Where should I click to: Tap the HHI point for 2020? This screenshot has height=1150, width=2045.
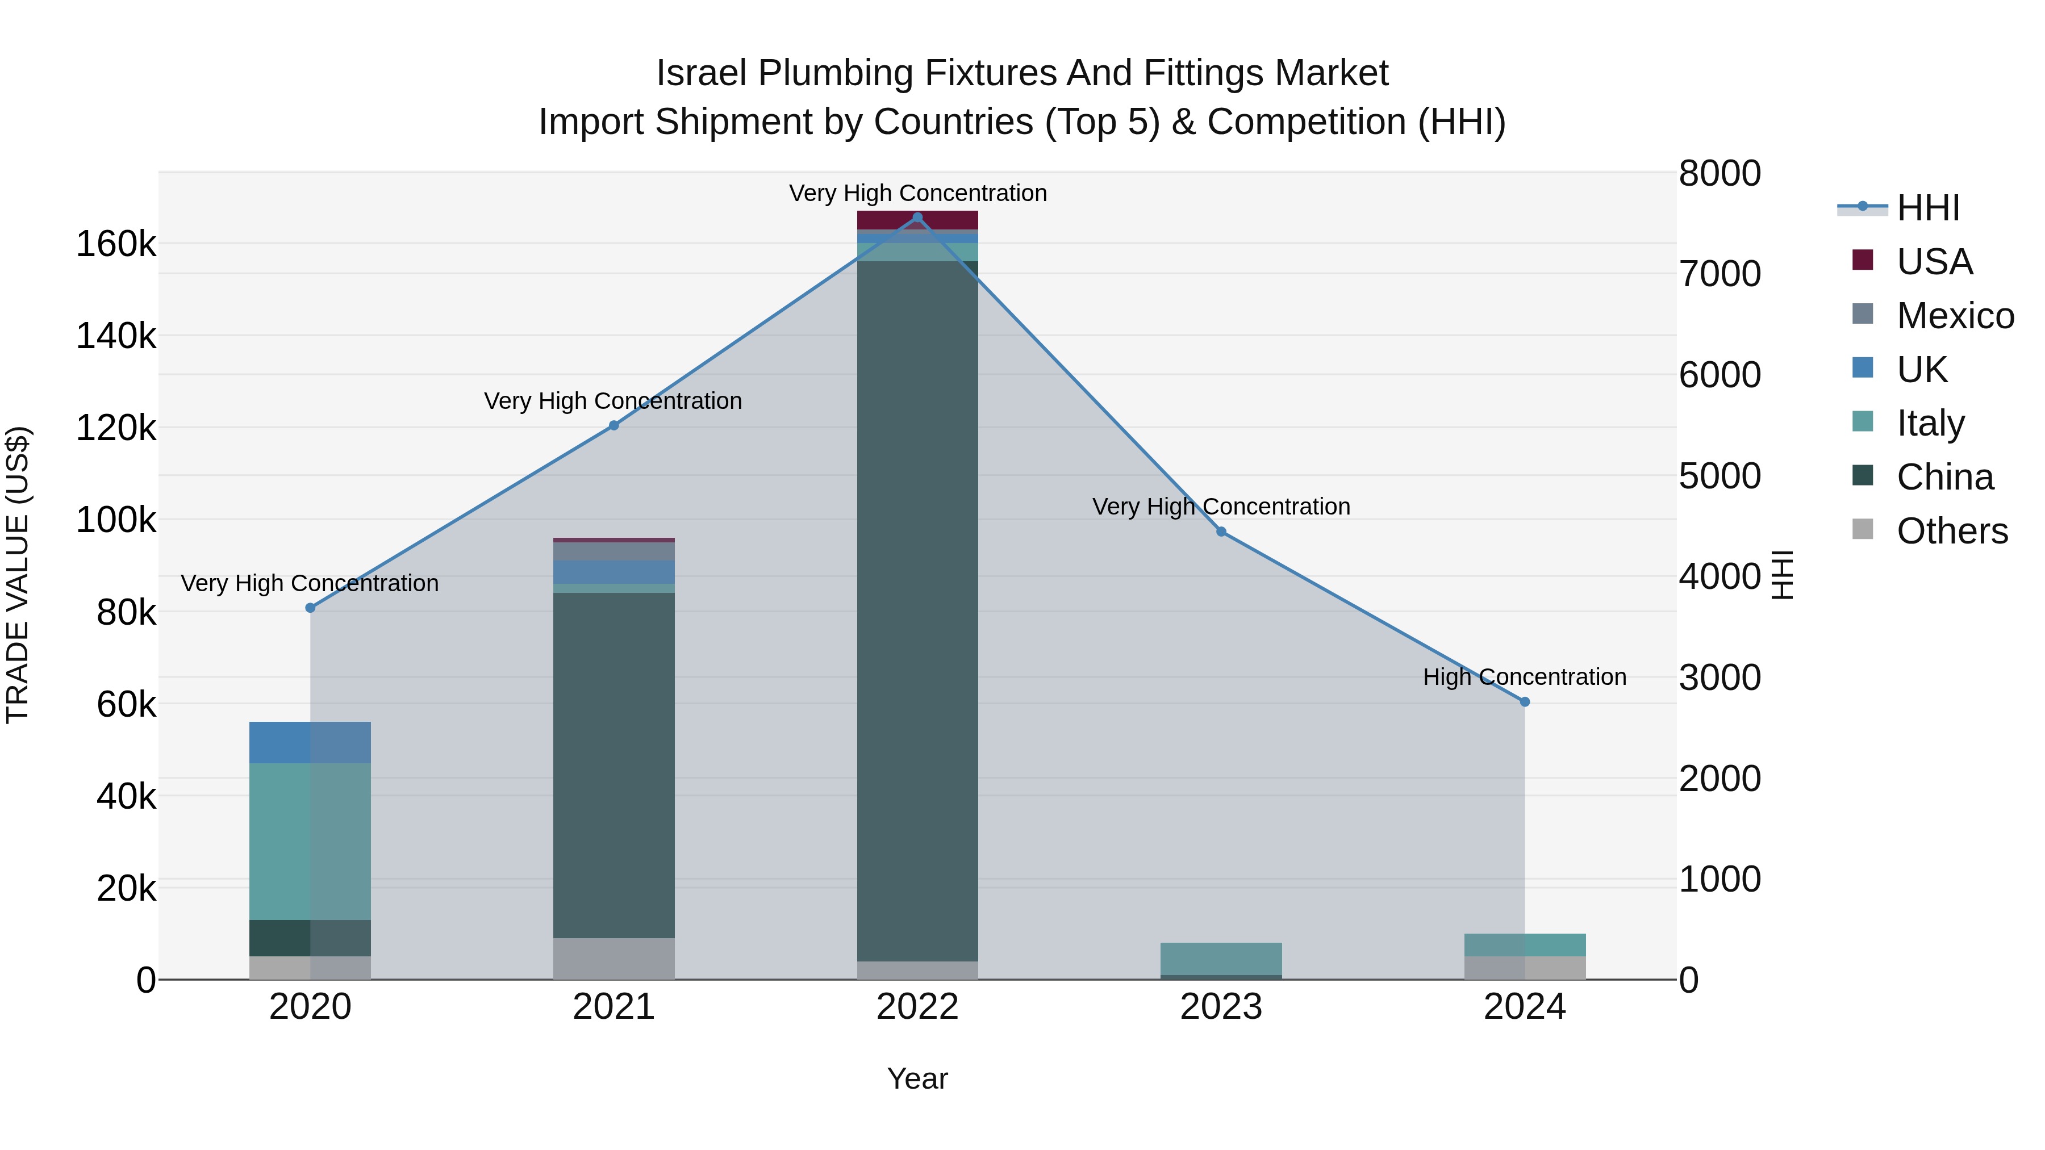point(310,608)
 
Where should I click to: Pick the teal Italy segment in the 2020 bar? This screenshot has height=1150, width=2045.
point(310,841)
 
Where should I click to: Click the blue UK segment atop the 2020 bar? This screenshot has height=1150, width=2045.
point(310,742)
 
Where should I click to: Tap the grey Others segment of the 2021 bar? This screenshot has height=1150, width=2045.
point(613,958)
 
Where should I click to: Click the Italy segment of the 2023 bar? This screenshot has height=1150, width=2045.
point(1221,958)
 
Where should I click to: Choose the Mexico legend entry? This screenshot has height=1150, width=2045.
point(1955,316)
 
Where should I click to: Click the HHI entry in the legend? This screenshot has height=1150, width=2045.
point(1927,208)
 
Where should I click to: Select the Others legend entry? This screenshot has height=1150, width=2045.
point(1951,531)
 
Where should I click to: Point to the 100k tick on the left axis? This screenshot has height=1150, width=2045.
point(116,521)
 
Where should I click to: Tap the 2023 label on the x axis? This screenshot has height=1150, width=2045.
point(1221,1007)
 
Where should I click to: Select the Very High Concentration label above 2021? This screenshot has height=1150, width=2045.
point(613,401)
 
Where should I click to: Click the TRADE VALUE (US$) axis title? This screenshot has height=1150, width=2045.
point(18,575)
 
